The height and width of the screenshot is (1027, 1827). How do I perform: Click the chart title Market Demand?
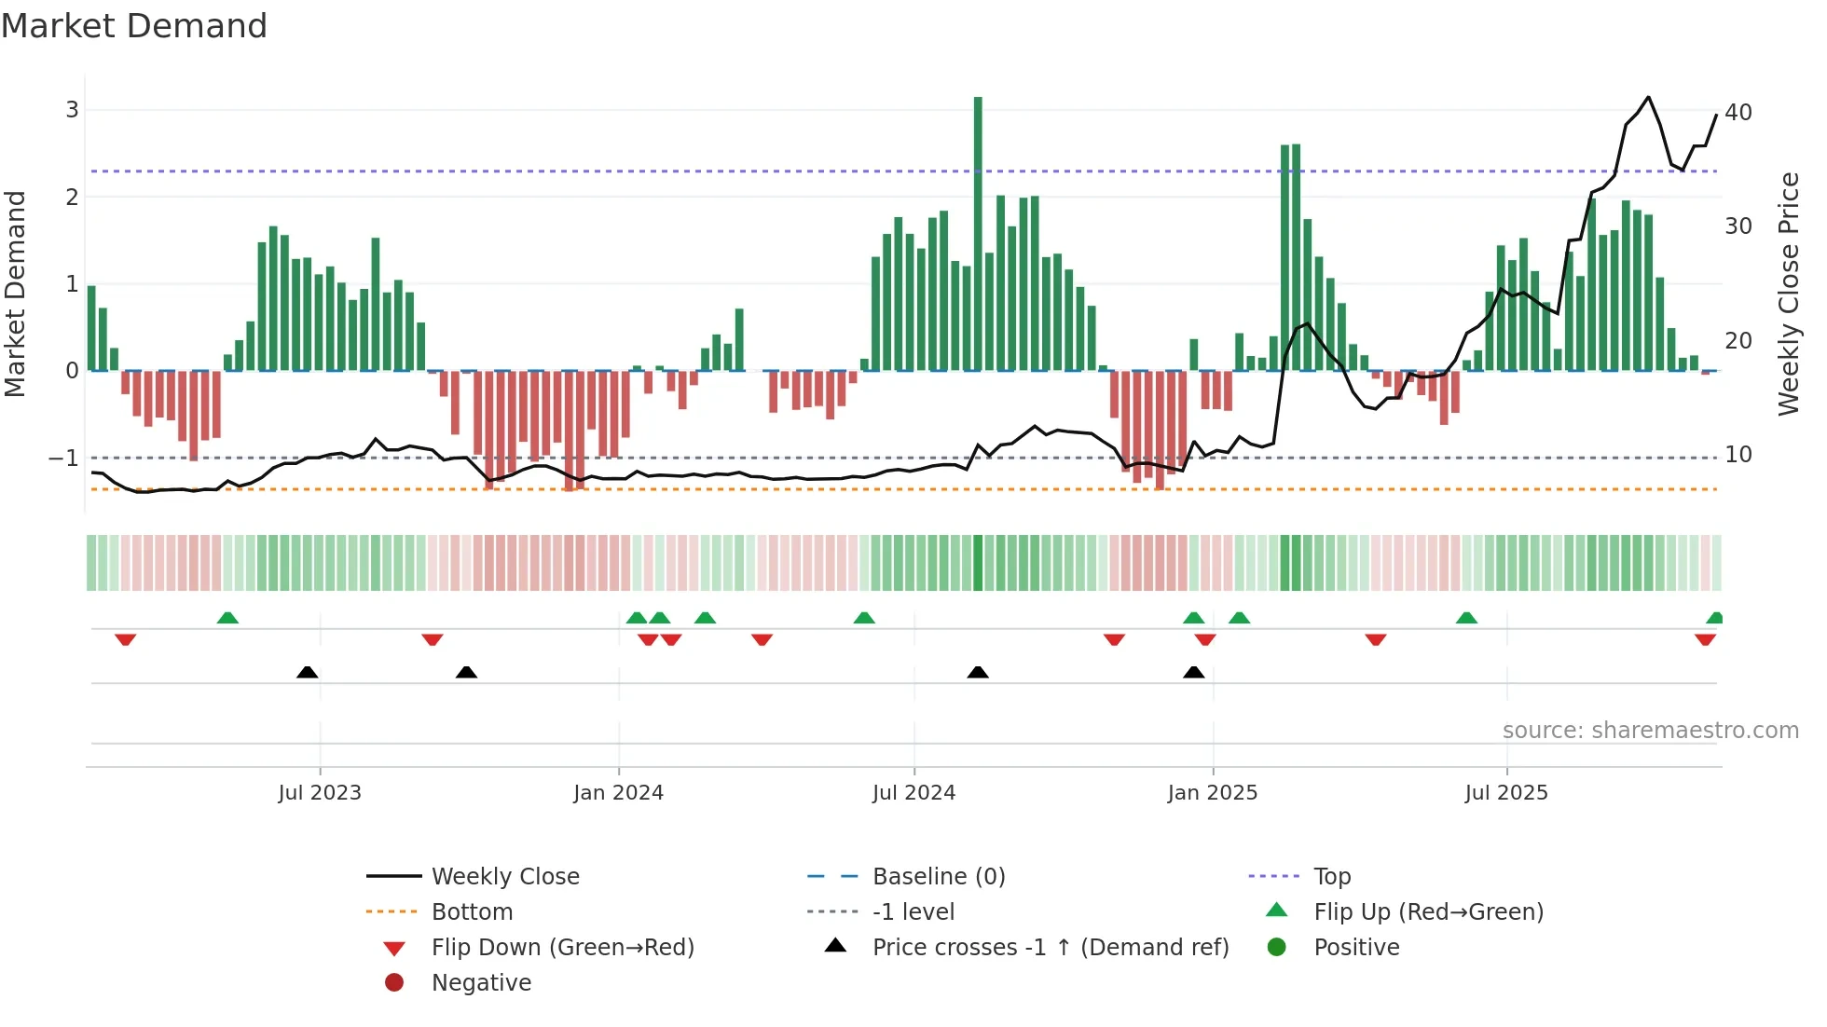coord(134,26)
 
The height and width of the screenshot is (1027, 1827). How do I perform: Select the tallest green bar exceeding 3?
coord(978,233)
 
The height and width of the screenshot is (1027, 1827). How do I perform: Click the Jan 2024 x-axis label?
coord(618,793)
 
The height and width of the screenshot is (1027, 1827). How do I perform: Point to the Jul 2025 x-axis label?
coord(1505,793)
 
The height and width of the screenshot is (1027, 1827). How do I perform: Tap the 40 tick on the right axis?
coord(1738,113)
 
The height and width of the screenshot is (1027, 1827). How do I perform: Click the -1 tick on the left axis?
coord(63,458)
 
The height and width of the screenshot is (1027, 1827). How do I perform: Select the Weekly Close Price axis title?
coord(1788,294)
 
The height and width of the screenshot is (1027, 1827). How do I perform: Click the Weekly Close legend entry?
coord(504,877)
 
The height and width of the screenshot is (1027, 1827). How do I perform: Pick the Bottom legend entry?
coord(472,912)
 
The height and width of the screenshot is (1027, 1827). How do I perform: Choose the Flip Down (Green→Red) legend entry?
coord(562,948)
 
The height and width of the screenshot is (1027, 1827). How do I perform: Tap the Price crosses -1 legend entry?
coord(1050,948)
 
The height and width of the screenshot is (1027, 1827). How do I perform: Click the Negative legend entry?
coord(481,983)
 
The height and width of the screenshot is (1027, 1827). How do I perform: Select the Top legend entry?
coord(1331,877)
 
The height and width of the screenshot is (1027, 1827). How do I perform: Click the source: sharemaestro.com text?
coord(1650,731)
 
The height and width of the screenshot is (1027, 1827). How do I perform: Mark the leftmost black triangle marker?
coord(307,672)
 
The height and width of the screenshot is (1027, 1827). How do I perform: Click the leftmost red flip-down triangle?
coord(126,639)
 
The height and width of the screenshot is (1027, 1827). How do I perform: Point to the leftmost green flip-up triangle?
coord(227,618)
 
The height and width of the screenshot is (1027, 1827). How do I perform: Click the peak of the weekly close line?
coord(1648,97)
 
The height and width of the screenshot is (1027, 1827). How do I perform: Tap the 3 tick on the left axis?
coord(72,110)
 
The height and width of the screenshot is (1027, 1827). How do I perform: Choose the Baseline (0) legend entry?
coord(938,877)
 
